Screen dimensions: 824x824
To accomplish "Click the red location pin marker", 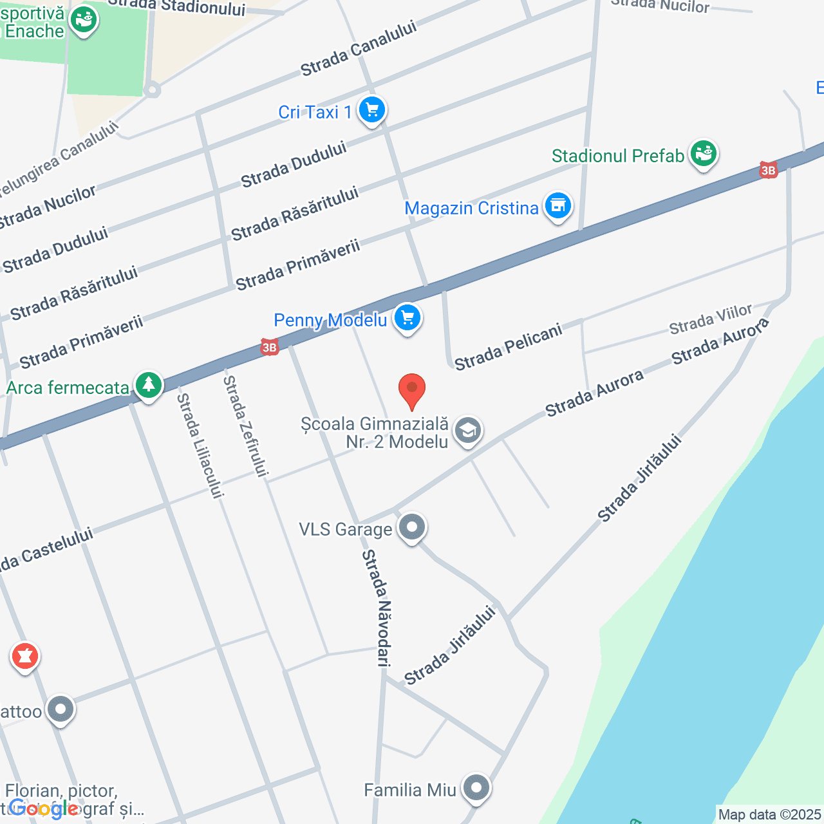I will point(412,390).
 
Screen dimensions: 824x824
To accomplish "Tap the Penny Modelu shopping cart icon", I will point(407,318).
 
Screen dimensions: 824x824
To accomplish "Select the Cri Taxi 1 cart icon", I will point(371,111).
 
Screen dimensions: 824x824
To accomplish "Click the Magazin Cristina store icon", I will point(557,207).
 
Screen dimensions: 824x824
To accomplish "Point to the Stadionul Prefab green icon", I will point(703,154).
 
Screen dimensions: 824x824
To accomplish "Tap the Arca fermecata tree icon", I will point(149,386).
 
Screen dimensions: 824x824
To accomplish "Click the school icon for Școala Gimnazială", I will point(468,431).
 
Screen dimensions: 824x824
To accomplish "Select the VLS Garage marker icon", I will point(412,529).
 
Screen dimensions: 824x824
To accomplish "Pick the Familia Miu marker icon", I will point(476,788).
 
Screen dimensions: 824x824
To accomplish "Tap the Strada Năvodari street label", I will point(377,608).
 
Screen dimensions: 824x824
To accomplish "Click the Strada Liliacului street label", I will point(200,445).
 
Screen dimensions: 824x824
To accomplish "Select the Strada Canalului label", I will point(359,48).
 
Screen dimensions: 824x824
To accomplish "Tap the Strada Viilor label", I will point(711,320).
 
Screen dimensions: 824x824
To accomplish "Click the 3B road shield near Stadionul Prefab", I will point(768,170).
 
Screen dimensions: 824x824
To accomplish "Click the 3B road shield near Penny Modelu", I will point(269,348).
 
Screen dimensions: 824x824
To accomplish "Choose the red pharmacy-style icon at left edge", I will point(25,657).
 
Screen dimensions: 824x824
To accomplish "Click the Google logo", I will point(44,809).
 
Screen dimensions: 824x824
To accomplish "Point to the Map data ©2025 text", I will point(769,815).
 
